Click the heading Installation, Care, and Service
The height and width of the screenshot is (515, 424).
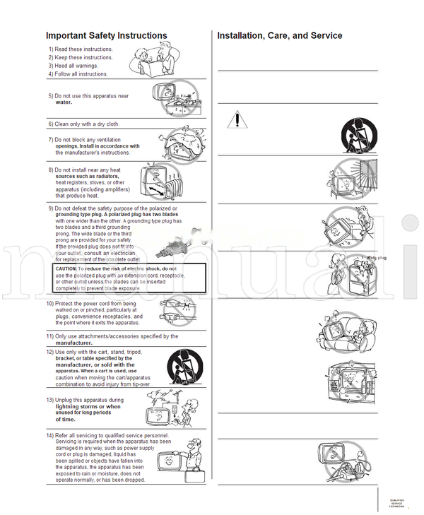point(279,35)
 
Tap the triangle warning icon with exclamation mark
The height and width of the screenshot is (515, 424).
point(237,119)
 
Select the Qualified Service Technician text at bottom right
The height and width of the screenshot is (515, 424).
point(396,504)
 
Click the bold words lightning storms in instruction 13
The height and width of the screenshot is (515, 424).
point(78,407)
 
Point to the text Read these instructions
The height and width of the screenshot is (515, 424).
point(83,49)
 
